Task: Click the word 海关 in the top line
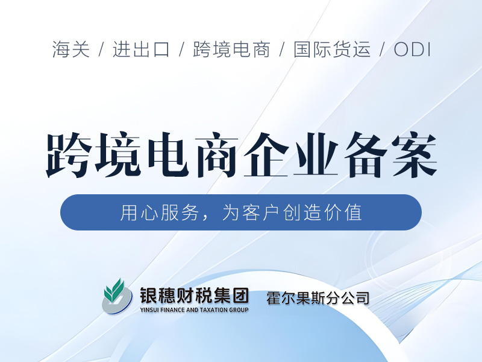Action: (71, 49)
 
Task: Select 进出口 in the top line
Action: (141, 49)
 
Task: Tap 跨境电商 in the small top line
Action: (231, 49)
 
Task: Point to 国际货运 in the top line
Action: (332, 49)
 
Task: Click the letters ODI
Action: (412, 49)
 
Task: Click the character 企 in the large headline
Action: (266, 155)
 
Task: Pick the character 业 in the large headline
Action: (316, 155)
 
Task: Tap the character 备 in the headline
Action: (365, 155)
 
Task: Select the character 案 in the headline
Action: (415, 155)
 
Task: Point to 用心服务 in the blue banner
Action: (159, 212)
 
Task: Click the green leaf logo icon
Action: (117, 296)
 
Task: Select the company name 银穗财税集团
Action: (194, 296)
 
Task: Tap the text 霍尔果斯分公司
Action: (318, 298)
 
